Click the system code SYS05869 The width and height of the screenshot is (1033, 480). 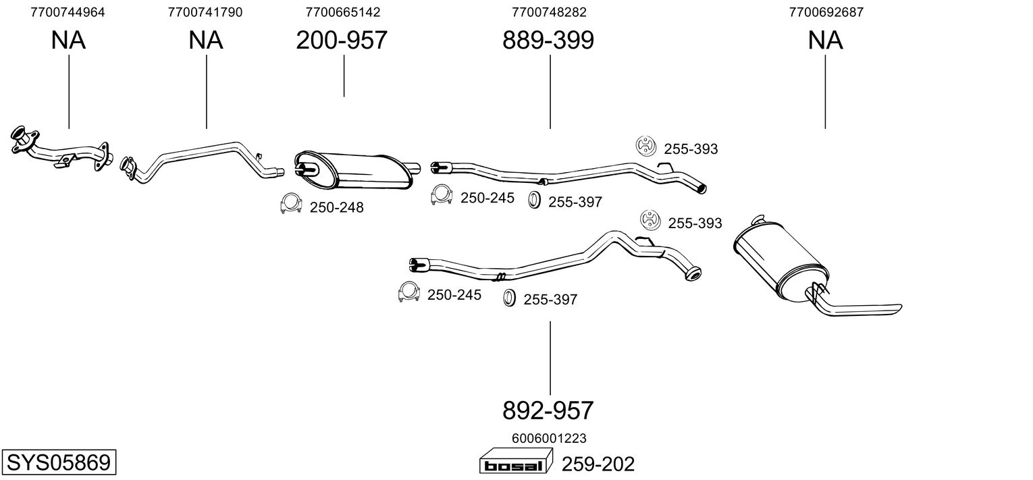(58, 462)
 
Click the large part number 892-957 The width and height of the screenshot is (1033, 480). (548, 410)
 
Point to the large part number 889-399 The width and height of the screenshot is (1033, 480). (548, 41)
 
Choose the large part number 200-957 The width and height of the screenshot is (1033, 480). (342, 41)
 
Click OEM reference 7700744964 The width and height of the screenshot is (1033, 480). (68, 12)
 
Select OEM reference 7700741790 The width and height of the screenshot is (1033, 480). (205, 12)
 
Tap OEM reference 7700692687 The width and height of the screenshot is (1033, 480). (826, 12)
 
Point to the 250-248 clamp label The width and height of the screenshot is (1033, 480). (336, 208)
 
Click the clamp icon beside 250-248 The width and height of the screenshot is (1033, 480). (291, 204)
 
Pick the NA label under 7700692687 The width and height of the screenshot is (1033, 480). (825, 41)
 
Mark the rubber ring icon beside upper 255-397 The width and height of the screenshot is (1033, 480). (533, 201)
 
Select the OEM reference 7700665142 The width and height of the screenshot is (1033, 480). (342, 12)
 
